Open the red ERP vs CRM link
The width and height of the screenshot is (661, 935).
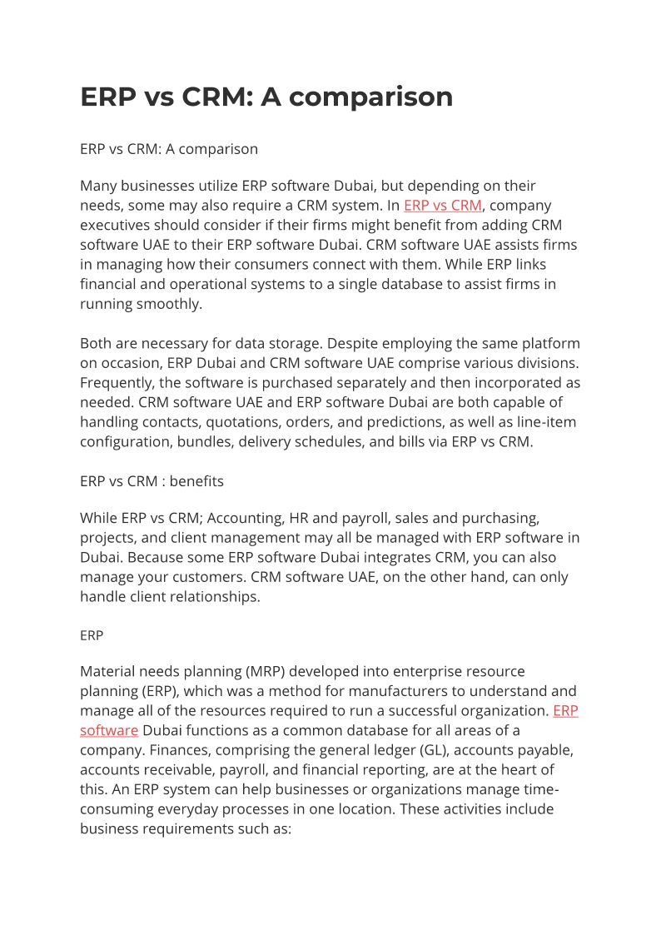[442, 205]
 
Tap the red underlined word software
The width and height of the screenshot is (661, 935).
[109, 730]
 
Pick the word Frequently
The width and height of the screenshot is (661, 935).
[118, 382]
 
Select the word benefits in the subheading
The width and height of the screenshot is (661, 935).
[196, 480]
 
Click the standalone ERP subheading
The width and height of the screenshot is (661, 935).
[92, 635]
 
